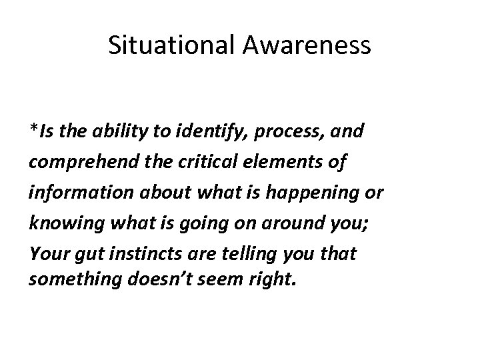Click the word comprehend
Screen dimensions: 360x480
point(75,163)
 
